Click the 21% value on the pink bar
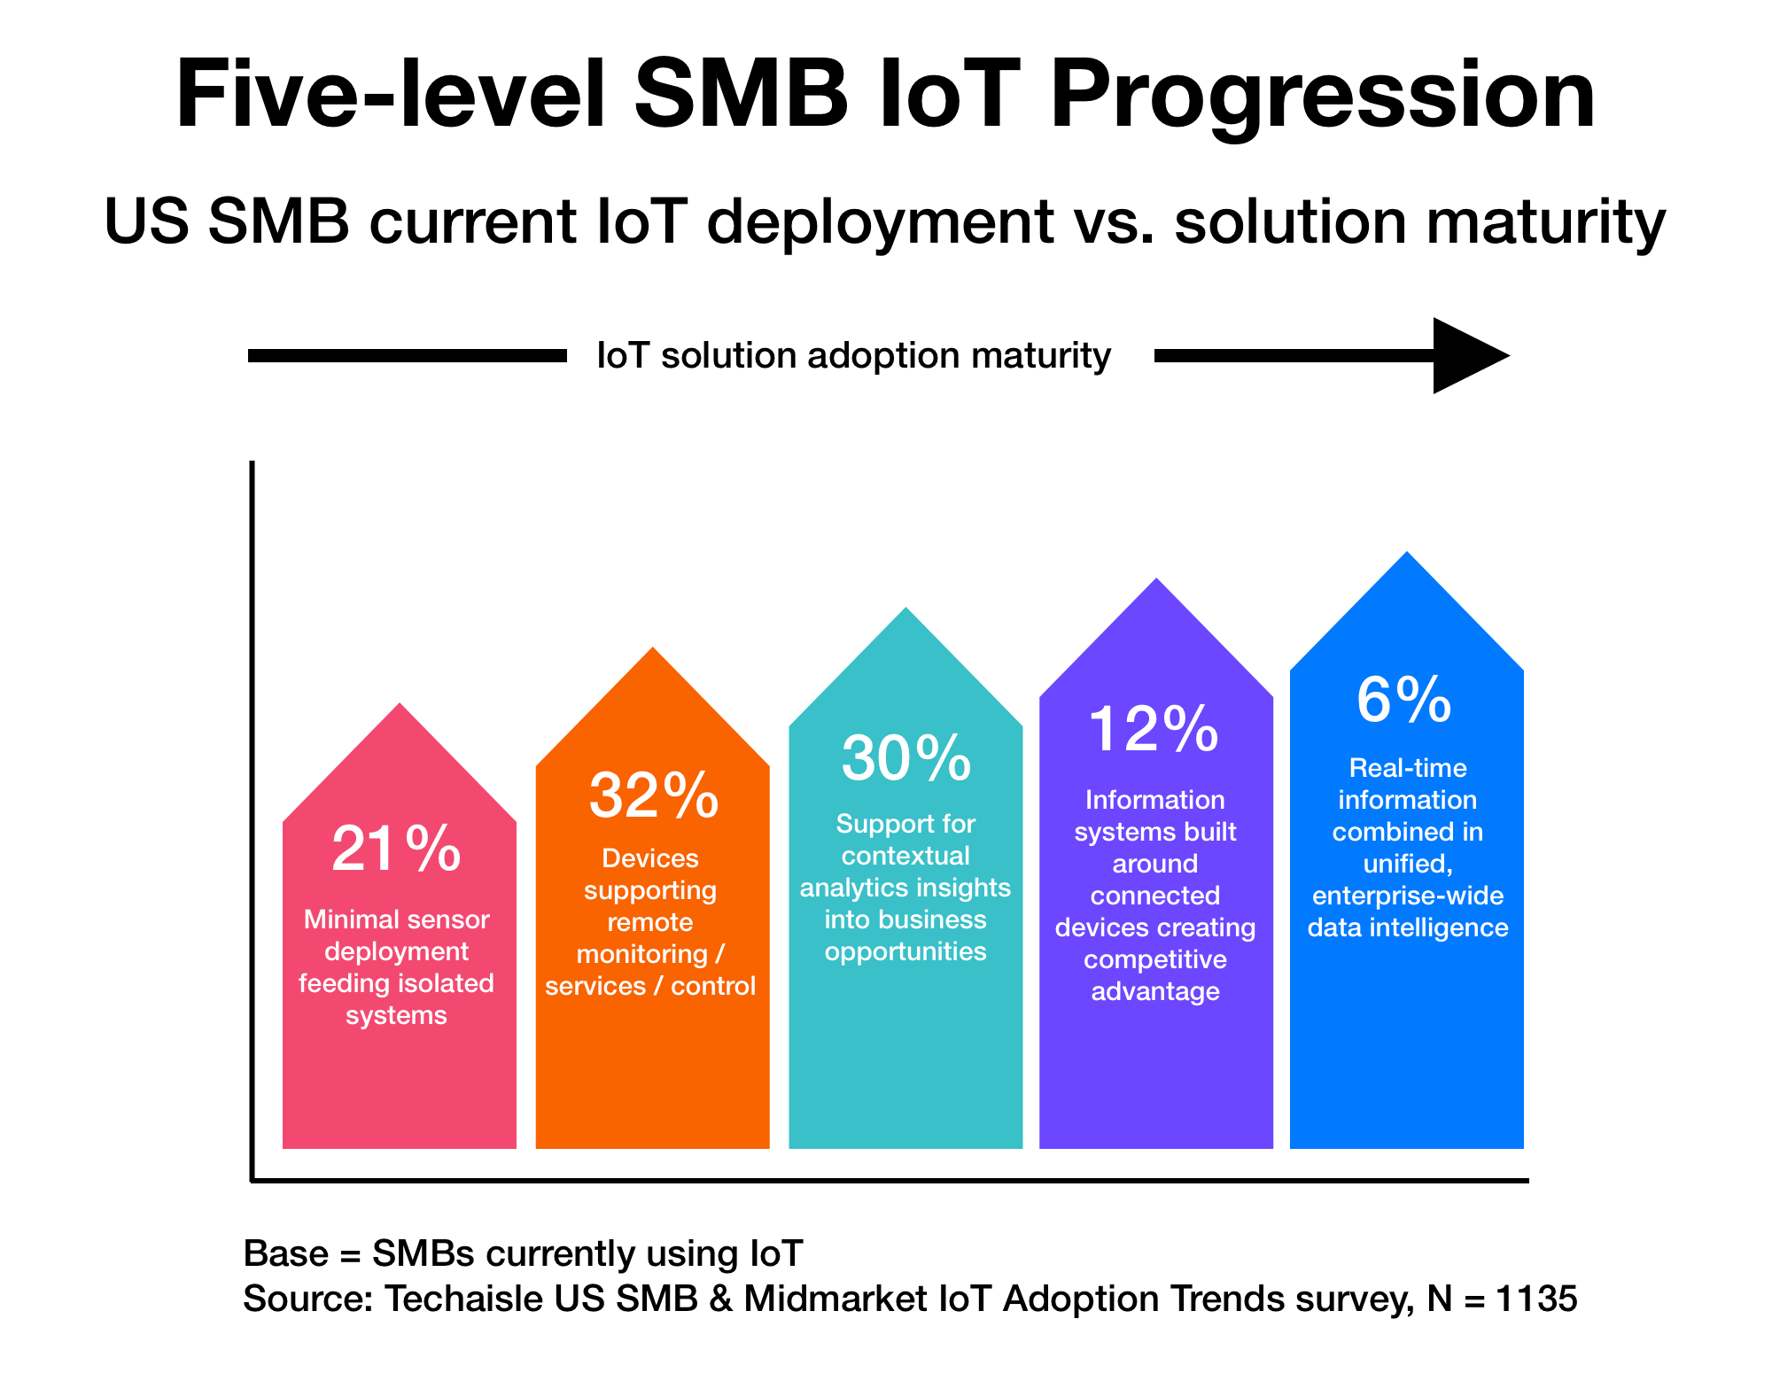(396, 849)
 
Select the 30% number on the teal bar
(905, 758)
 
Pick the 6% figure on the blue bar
(1404, 700)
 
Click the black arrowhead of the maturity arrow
(1466, 355)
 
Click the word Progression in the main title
(1322, 95)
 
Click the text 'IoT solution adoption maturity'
(853, 355)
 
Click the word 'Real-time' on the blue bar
(1407, 768)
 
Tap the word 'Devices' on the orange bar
(650, 858)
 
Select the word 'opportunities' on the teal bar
(905, 951)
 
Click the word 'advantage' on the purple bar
(1155, 991)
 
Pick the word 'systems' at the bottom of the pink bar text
(396, 1015)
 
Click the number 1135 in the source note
(1536, 1299)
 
